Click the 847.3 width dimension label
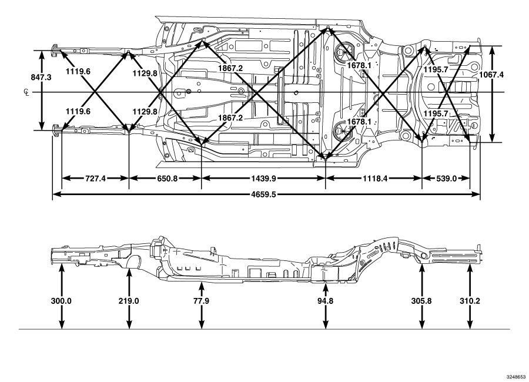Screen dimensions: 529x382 41,77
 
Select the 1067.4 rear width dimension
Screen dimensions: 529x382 491,75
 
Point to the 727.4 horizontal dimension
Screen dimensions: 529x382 95,178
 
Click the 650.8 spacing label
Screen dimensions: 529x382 167,178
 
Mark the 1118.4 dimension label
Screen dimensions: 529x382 375,178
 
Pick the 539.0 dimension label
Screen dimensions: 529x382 446,178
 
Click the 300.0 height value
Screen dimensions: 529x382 61,301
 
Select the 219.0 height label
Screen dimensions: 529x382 129,301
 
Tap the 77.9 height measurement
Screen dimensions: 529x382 201,301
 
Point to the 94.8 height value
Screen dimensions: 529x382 325,301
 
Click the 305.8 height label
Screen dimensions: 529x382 421,301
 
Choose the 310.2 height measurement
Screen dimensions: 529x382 470,301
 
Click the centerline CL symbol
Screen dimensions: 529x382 26,92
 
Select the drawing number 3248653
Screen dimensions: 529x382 516,377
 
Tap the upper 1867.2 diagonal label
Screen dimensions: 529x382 230,68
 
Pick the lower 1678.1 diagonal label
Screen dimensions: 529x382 359,122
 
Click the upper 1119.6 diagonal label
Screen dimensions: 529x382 78,71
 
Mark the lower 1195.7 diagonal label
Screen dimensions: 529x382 436,114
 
